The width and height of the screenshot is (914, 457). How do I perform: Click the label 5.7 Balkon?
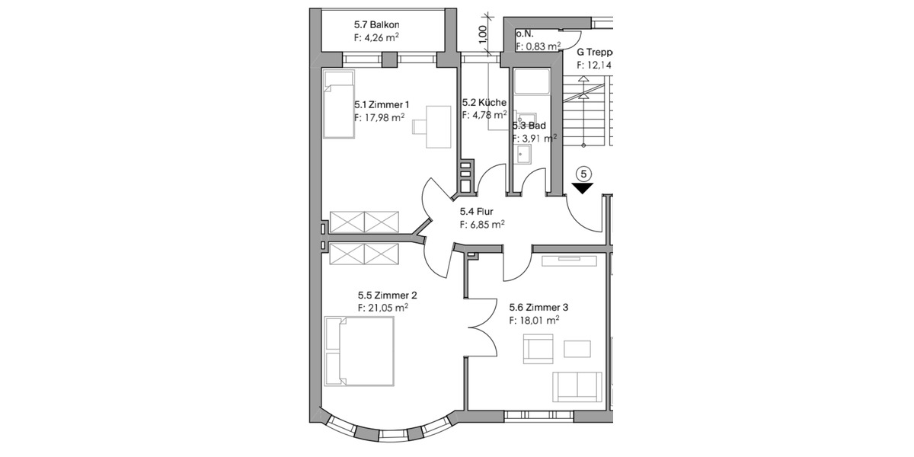(x=377, y=24)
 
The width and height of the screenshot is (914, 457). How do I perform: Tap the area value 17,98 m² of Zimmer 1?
(x=379, y=117)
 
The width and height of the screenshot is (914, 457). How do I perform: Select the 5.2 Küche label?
(x=484, y=103)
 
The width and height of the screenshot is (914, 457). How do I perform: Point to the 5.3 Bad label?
(x=529, y=125)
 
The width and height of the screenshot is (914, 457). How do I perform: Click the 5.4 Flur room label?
(x=477, y=214)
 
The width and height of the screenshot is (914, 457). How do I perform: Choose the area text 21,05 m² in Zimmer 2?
(x=382, y=308)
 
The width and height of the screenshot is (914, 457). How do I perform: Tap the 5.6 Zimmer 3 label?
(x=538, y=308)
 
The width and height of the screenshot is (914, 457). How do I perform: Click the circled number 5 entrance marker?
(x=583, y=174)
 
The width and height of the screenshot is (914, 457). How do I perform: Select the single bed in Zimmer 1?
(x=339, y=104)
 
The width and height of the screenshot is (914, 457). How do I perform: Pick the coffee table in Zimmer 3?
(x=577, y=349)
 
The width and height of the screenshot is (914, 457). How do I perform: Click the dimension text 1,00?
(x=481, y=34)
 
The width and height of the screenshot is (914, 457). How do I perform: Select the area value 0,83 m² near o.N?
(x=538, y=46)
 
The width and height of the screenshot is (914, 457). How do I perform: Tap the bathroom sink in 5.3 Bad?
(x=525, y=155)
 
